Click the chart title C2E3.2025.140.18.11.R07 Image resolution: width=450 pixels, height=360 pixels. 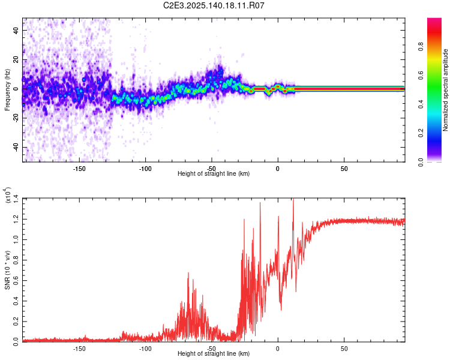[x=214, y=6]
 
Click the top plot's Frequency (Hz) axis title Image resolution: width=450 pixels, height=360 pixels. [x=7, y=90]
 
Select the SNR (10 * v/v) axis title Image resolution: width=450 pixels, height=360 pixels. [x=7, y=269]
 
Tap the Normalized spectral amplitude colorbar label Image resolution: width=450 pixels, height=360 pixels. [x=446, y=90]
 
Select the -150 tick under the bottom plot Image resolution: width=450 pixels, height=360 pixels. [x=79, y=348]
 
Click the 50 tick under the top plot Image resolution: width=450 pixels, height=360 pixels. [x=344, y=169]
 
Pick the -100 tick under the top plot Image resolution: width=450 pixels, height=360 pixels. [x=145, y=169]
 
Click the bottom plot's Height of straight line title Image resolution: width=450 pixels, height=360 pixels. [x=214, y=353]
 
